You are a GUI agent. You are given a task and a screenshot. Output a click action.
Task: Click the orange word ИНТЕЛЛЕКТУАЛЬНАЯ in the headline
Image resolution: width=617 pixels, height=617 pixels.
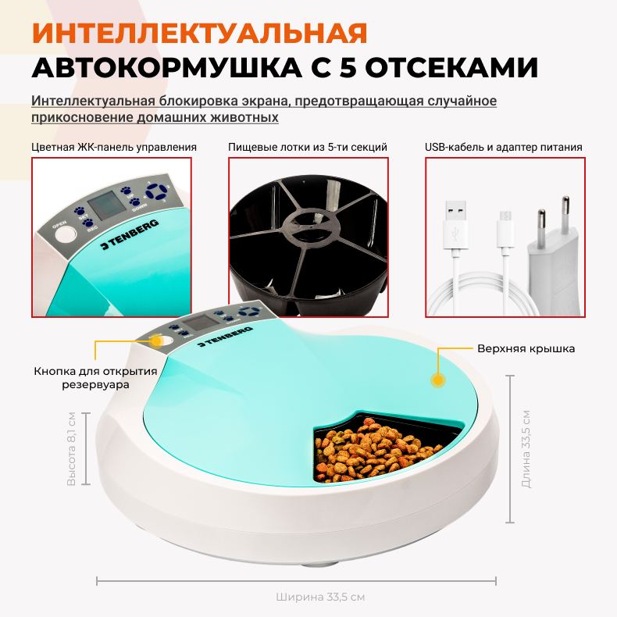pyautogui.click(x=199, y=33)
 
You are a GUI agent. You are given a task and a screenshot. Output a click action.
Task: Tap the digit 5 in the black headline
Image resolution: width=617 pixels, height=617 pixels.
pyautogui.click(x=347, y=68)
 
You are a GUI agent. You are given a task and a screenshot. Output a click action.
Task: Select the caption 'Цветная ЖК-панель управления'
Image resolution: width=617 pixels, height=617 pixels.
pyautogui.click(x=114, y=147)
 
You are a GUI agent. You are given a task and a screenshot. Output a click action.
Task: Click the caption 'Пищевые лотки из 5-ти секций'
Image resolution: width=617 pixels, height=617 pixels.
pyautogui.click(x=308, y=147)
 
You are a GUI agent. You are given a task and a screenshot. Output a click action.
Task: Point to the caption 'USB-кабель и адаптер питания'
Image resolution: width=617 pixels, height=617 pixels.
pyautogui.click(x=503, y=147)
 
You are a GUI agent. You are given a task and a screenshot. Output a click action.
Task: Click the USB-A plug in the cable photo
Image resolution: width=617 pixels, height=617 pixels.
pyautogui.click(x=456, y=224)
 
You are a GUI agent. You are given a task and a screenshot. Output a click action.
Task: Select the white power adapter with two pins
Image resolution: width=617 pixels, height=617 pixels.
pyautogui.click(x=553, y=260)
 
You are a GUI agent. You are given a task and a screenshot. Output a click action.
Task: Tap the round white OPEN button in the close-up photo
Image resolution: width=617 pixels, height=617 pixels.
pyautogui.click(x=66, y=235)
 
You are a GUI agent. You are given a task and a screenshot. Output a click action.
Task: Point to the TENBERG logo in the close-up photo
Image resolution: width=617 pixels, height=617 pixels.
pyautogui.click(x=130, y=234)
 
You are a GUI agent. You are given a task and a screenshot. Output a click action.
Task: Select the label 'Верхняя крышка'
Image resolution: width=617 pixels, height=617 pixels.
pyautogui.click(x=526, y=348)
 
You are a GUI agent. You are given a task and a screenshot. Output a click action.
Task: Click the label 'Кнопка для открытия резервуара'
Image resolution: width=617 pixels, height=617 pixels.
pyautogui.click(x=95, y=377)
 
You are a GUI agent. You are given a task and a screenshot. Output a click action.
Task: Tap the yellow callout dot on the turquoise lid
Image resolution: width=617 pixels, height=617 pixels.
pyautogui.click(x=438, y=380)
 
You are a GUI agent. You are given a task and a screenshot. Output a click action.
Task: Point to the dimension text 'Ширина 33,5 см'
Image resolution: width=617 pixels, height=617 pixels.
pyautogui.click(x=320, y=597)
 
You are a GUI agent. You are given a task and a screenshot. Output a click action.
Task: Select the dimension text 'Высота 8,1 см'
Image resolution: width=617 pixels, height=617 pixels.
pyautogui.click(x=71, y=449)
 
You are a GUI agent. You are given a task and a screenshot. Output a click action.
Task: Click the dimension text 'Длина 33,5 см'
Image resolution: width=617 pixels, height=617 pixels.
pyautogui.click(x=526, y=449)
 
